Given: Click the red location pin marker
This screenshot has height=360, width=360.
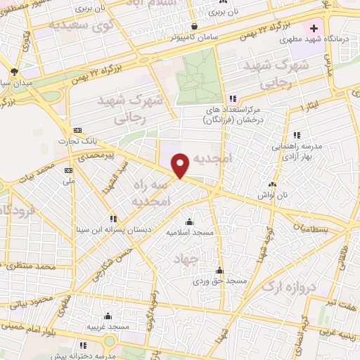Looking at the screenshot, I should click(x=181, y=165).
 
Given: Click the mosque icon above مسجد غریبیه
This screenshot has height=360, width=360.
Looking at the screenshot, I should click(x=108, y=316).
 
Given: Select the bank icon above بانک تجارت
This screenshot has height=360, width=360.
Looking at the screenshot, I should click(x=77, y=130).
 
